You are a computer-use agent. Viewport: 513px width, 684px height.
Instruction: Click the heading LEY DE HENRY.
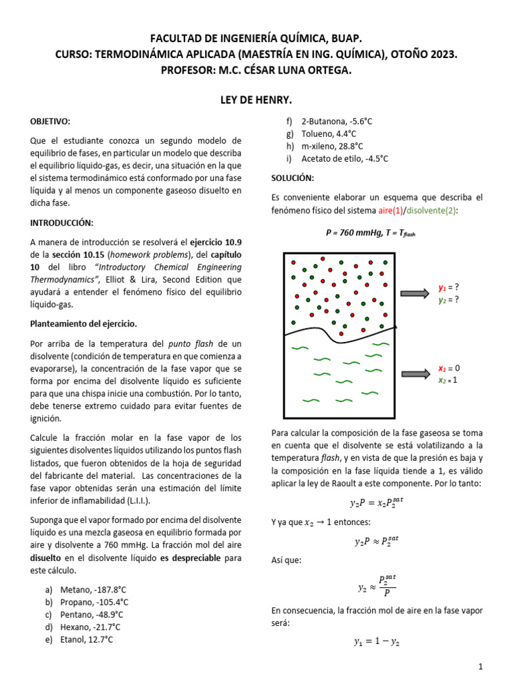pyautogui.click(x=256, y=100)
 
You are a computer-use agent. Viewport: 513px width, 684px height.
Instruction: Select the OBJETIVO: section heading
pyautogui.click(x=50, y=121)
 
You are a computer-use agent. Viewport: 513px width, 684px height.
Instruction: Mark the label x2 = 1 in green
pyautogui.click(x=448, y=380)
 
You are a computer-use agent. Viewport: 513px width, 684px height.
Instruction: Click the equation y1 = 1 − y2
pyautogui.click(x=377, y=643)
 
